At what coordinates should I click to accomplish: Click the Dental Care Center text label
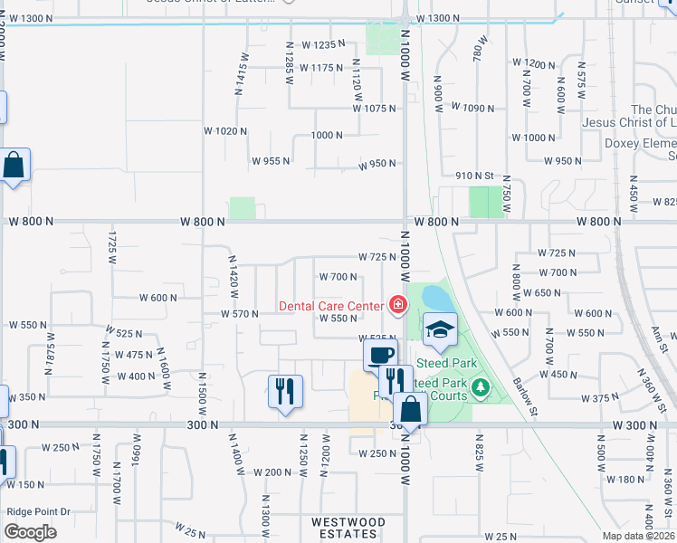click(x=330, y=306)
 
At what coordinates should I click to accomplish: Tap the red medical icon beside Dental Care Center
click(x=396, y=305)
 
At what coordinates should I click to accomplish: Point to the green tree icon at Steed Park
click(x=481, y=389)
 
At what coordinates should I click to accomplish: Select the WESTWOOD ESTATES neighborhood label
click(x=348, y=522)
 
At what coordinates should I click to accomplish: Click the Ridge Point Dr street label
click(x=38, y=511)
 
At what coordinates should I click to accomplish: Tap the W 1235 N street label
click(x=324, y=44)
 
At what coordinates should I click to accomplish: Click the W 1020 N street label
click(x=225, y=131)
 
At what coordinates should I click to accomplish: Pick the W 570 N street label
click(x=240, y=314)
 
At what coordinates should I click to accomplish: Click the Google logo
click(x=30, y=532)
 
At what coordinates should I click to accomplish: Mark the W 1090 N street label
click(x=472, y=109)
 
